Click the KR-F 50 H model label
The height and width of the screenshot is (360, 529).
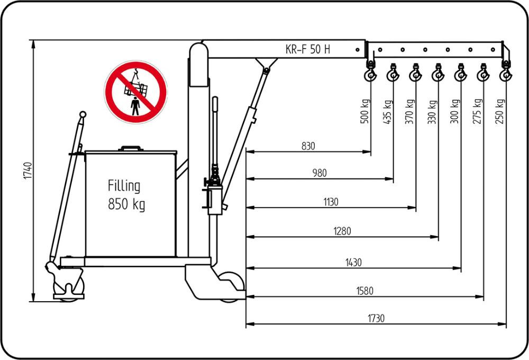tap(307, 50)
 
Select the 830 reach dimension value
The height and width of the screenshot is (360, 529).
tap(308, 146)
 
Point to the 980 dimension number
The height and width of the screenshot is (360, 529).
tap(320, 173)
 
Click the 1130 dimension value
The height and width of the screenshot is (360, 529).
tap(331, 202)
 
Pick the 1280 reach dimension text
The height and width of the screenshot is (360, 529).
tap(342, 231)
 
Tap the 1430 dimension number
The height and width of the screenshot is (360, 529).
tap(353, 262)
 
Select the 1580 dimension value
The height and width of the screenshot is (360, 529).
tap(365, 290)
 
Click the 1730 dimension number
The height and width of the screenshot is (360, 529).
tap(376, 318)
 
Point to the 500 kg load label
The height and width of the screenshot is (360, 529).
tap(364, 112)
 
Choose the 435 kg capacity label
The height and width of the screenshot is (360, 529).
tap(387, 112)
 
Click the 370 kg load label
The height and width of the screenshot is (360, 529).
tap(409, 112)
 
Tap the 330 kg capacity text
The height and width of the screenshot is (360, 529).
tap(432, 112)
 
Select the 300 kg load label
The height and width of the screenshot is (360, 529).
tap(454, 112)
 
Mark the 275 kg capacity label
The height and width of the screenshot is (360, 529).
tap(477, 112)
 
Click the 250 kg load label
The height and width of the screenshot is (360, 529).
tap(499, 112)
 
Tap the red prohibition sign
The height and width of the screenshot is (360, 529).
tap(136, 92)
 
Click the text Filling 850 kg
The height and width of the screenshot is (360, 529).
tap(126, 195)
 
